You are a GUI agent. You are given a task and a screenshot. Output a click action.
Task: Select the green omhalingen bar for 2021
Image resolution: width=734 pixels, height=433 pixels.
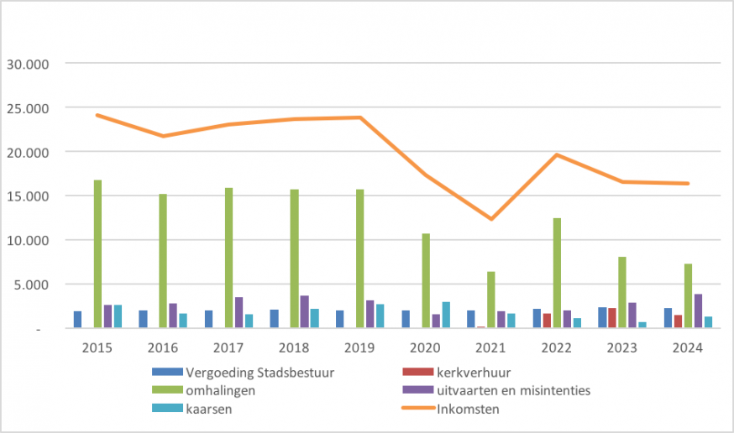pyautogui.click(x=491, y=300)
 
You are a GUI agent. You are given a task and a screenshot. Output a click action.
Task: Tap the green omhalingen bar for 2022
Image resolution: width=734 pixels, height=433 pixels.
pyautogui.click(x=557, y=273)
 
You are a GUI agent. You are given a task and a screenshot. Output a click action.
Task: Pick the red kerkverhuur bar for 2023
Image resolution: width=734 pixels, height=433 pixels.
pyautogui.click(x=612, y=318)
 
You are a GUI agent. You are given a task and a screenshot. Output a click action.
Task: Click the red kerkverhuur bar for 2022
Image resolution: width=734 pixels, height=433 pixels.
pyautogui.click(x=547, y=321)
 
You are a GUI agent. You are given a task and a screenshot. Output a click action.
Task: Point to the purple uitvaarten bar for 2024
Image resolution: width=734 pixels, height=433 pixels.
pyautogui.click(x=698, y=311)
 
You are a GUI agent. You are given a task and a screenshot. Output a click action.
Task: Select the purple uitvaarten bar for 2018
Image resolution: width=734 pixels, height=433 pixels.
pyautogui.click(x=305, y=312)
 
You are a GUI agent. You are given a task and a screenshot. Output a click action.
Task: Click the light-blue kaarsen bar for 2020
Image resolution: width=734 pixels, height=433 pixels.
pyautogui.click(x=446, y=316)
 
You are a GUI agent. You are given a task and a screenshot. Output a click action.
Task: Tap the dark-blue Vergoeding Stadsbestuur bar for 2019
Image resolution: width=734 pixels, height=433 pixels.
pyautogui.click(x=340, y=320)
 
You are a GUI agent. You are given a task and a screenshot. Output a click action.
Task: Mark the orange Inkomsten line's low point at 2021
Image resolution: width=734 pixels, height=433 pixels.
pyautogui.click(x=491, y=219)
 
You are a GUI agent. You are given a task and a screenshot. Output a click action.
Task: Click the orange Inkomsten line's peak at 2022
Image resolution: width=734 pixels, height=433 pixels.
pyautogui.click(x=557, y=154)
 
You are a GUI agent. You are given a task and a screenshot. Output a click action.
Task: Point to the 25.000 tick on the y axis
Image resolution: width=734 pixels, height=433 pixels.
pyautogui.click(x=29, y=107)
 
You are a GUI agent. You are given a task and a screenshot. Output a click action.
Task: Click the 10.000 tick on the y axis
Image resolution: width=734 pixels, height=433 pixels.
pyautogui.click(x=29, y=240)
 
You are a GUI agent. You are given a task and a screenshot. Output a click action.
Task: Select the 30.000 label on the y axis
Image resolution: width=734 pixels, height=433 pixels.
pyautogui.click(x=29, y=64)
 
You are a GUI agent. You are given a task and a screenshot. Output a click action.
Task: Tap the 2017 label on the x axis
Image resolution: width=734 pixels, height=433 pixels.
pyautogui.click(x=229, y=347)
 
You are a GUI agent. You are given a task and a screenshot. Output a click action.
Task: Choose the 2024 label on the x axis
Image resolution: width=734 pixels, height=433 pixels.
pyautogui.click(x=688, y=347)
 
